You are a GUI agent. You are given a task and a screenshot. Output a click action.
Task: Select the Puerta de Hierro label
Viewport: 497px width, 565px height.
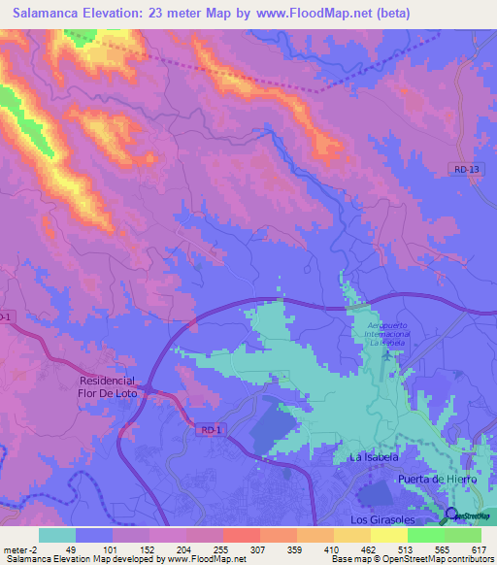click(438, 480)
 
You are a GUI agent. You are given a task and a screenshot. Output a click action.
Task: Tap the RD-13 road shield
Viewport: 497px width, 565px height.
click(466, 169)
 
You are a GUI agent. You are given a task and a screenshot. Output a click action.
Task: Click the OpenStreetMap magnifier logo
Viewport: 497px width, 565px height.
click(451, 515)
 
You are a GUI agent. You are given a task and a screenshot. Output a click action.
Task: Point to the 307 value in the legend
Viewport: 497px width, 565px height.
click(259, 549)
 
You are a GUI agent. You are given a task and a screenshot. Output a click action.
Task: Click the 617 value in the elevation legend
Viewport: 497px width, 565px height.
click(480, 549)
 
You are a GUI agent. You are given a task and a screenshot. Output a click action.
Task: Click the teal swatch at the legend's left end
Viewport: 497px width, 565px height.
click(56, 535)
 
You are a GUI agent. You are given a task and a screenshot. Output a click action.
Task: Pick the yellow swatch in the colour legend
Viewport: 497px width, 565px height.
click(389, 535)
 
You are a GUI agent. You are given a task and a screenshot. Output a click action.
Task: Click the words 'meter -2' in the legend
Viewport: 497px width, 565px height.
click(19, 549)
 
